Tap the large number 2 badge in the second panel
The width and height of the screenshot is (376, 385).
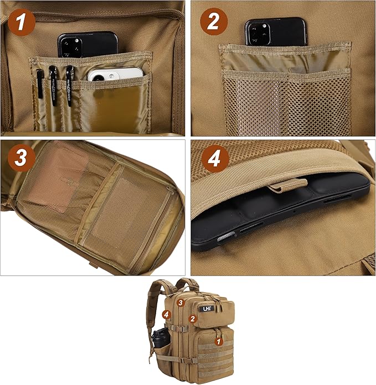(x=214, y=23)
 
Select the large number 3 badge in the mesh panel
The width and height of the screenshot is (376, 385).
(x=21, y=158)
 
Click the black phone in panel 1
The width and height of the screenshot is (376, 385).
(x=87, y=44)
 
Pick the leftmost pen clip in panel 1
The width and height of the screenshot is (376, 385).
(x=40, y=83)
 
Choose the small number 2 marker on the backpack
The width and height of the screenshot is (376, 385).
(x=192, y=318)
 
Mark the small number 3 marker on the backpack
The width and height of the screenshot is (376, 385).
(x=180, y=303)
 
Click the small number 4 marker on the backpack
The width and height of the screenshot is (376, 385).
(x=166, y=314)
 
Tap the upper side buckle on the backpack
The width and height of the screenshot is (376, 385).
(x=172, y=328)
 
